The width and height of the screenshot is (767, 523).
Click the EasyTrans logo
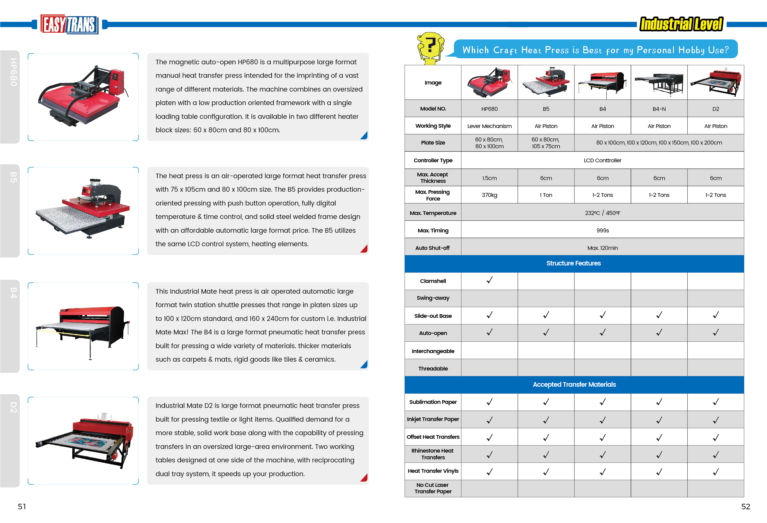pyautogui.click(x=69, y=24)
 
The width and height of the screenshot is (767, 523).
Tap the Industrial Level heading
pyautogui.click(x=681, y=24)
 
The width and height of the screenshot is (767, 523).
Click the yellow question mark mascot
pyautogui.click(x=430, y=48)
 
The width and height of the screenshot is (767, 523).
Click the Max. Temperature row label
pyautogui.click(x=433, y=213)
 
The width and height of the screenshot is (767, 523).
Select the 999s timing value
pyautogui.click(x=602, y=230)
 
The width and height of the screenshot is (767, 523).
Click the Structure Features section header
pyautogui.click(x=573, y=263)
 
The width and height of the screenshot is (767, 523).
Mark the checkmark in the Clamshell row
pyautogui.click(x=490, y=280)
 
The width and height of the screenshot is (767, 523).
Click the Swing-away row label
pyautogui.click(x=433, y=298)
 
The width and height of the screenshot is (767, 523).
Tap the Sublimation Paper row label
pyautogui.click(x=433, y=402)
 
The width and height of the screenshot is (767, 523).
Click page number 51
pyautogui.click(x=22, y=506)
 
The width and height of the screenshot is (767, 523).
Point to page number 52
pyautogui.click(x=746, y=506)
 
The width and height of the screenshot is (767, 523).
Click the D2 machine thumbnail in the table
pyautogui.click(x=716, y=82)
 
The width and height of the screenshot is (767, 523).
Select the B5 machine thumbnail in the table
pyautogui.click(x=546, y=82)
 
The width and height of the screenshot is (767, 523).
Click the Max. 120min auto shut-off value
pyautogui.click(x=602, y=248)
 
